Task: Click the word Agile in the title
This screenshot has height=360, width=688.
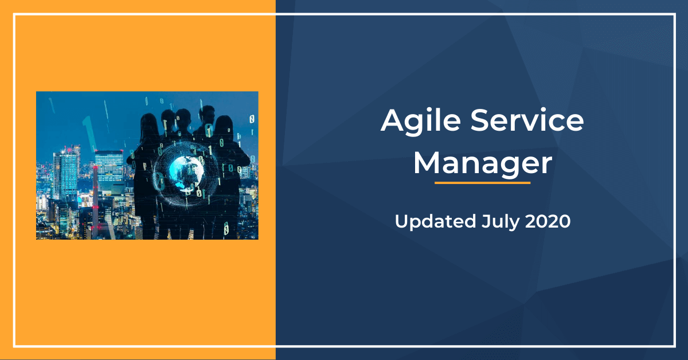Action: tap(421, 122)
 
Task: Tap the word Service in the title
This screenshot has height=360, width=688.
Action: tap(527, 120)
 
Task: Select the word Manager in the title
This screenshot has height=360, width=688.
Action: tap(483, 165)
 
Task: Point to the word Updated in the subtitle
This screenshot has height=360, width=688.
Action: tap(436, 221)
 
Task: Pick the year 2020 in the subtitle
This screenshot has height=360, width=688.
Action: tap(548, 221)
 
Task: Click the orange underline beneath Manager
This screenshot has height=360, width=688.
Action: tap(482, 183)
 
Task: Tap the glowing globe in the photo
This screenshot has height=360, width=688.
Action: tap(186, 174)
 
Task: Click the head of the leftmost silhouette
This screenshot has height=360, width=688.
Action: tap(149, 122)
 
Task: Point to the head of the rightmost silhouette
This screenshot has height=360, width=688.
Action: tap(225, 124)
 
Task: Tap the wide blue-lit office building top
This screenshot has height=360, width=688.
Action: tap(109, 165)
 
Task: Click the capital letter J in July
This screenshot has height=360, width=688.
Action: tap(486, 221)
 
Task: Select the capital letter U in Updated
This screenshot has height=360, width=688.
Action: tap(401, 221)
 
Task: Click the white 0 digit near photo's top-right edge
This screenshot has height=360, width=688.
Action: tap(252, 119)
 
